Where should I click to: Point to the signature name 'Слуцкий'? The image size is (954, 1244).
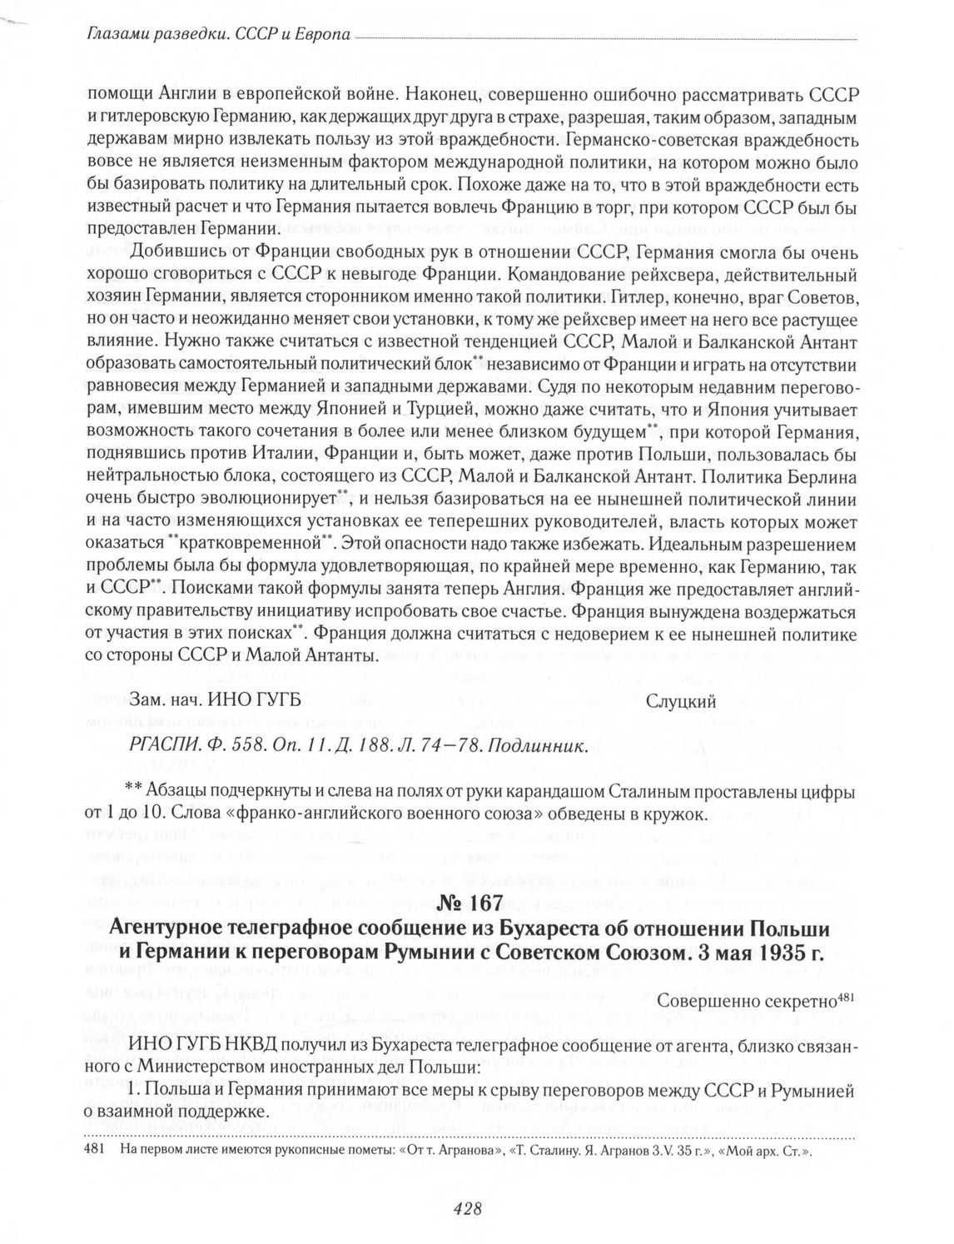pos(681,701)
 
